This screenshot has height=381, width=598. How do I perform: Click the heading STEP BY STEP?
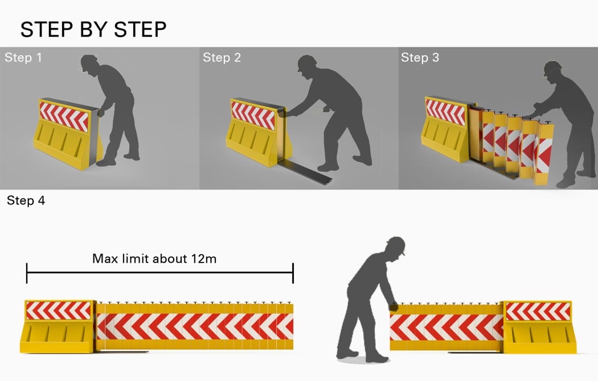point(93,30)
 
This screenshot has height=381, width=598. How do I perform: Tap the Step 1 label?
point(23,58)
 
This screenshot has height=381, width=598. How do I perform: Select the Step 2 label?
point(222,58)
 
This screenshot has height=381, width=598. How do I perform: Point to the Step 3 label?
point(420,58)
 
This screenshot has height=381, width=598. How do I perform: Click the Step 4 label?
point(26,200)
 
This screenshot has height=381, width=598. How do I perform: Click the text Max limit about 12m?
point(154,259)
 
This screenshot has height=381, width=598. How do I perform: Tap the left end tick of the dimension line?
point(27,273)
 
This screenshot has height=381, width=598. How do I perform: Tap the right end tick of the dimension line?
point(293,273)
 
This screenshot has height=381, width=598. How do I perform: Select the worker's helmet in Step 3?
point(553,67)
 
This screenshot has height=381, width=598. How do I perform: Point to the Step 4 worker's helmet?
point(396,245)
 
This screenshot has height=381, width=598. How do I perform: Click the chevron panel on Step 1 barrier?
point(64,116)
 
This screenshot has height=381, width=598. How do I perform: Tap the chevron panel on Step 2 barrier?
point(253,115)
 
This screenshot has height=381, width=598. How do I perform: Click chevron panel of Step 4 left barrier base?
point(58,310)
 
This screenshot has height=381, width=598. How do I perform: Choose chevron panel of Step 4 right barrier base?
point(538,311)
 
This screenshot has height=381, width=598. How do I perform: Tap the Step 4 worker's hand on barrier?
point(394,306)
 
